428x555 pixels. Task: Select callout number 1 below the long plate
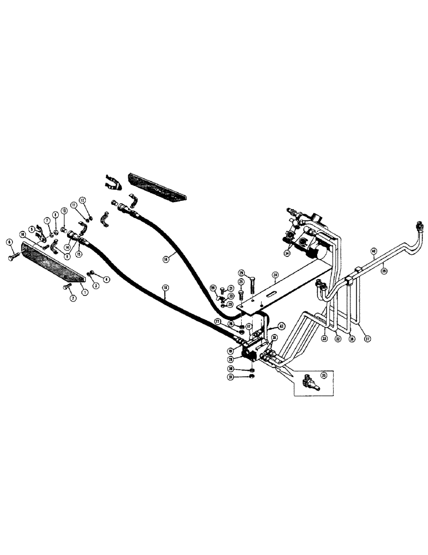click(84, 291)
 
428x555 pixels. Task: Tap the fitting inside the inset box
click(309, 381)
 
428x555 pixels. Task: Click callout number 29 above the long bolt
click(241, 273)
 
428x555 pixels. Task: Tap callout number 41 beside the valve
click(281, 326)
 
